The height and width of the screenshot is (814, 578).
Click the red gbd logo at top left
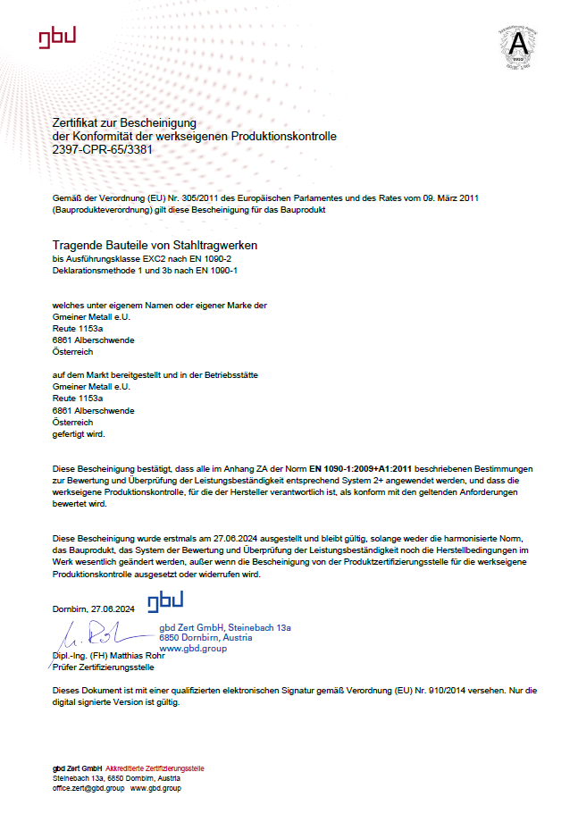[x=57, y=36]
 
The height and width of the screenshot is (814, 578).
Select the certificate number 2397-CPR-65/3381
[x=103, y=149]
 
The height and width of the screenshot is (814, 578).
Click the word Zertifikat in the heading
[x=77, y=122]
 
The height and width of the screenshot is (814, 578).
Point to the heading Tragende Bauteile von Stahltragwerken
[x=155, y=245]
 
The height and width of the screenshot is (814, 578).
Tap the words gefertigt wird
[x=79, y=433]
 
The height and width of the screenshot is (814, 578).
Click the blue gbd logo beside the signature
[x=166, y=600]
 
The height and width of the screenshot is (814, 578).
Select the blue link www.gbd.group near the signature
[x=193, y=648]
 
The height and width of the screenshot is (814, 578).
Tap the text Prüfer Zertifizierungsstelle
[x=103, y=667]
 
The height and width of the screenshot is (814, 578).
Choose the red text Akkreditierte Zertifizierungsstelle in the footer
[x=155, y=768]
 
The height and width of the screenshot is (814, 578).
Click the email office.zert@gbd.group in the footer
[x=88, y=788]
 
